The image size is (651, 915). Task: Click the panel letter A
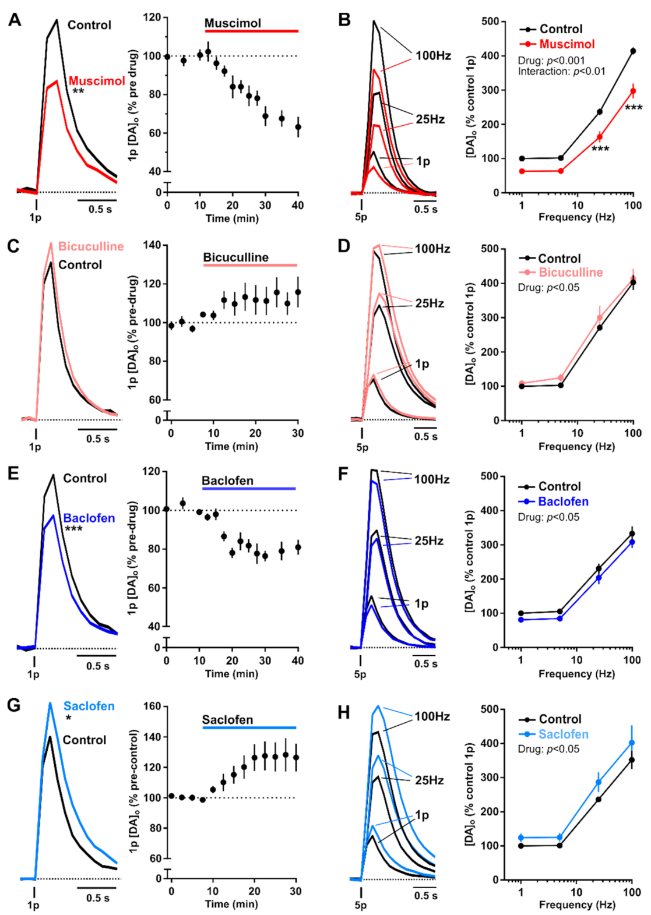coord(15,20)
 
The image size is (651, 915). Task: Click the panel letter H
coord(344,712)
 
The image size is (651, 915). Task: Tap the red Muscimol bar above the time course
coord(251,31)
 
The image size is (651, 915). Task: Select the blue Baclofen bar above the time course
coord(249,489)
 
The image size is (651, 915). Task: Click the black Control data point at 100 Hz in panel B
coord(632,51)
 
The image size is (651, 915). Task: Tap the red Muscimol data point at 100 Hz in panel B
coord(633,91)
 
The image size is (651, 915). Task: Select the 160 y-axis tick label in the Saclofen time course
coord(152,706)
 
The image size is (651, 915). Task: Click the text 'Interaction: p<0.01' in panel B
coord(562,72)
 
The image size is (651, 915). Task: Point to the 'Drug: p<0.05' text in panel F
coord(548,517)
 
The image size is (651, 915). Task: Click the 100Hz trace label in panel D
coord(432,249)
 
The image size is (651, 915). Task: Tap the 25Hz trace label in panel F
coord(429,541)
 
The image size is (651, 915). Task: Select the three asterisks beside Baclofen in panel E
coord(73,529)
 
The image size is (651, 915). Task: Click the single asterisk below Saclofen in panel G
coord(69,718)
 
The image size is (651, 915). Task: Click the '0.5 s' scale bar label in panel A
coord(100,209)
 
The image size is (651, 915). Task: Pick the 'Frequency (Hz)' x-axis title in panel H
coord(576,905)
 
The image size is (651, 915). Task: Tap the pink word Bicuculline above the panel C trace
coord(91,246)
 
